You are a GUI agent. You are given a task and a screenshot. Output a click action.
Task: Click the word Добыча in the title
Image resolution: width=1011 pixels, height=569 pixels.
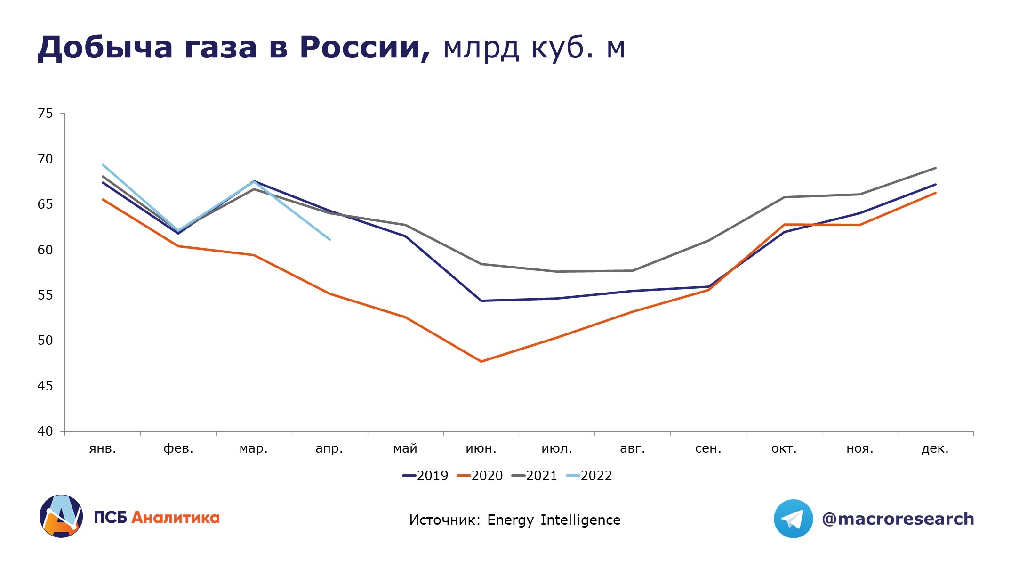point(104,49)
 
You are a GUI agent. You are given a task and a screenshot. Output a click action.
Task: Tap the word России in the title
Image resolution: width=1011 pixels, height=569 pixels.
point(365,49)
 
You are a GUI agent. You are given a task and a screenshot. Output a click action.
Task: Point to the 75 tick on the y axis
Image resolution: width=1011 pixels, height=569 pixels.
point(46,114)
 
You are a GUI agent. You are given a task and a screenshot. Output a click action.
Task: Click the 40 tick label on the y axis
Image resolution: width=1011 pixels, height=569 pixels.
point(46,431)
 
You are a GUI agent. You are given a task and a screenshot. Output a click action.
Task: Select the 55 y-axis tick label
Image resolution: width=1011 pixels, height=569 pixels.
point(46,295)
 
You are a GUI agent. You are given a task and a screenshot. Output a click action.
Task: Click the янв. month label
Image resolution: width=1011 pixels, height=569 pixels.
point(103,448)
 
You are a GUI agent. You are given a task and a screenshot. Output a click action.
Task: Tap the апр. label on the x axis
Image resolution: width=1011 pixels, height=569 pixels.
point(329,448)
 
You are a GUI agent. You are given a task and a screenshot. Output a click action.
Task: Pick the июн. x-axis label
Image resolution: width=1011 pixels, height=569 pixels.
point(481,448)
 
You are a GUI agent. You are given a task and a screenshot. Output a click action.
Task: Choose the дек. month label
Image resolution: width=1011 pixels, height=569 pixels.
point(935,448)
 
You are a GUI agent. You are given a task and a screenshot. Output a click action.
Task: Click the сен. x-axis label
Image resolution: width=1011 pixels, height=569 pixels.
point(708,448)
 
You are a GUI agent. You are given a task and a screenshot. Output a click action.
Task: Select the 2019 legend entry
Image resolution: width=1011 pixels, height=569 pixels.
point(425,476)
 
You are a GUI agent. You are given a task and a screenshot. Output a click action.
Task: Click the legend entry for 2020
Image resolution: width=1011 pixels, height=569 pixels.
point(480,476)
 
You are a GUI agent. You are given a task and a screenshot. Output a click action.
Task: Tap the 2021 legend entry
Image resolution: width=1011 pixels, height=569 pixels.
point(535,476)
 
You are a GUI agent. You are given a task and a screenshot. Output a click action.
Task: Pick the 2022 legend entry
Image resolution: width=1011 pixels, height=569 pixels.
point(589,476)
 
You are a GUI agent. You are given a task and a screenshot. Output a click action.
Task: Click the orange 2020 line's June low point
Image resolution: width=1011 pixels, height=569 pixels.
point(481,361)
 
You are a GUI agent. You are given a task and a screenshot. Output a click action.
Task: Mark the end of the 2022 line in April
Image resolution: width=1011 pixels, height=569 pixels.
point(329,239)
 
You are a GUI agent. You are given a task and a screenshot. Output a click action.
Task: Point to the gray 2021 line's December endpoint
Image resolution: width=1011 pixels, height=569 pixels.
point(935,168)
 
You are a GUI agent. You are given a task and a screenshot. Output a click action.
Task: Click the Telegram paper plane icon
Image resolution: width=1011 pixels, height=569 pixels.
point(793,519)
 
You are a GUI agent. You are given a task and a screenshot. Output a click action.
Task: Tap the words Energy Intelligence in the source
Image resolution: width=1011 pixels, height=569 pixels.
point(554,520)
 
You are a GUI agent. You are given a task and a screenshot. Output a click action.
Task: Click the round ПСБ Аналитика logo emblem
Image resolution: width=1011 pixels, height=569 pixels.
point(61,516)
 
